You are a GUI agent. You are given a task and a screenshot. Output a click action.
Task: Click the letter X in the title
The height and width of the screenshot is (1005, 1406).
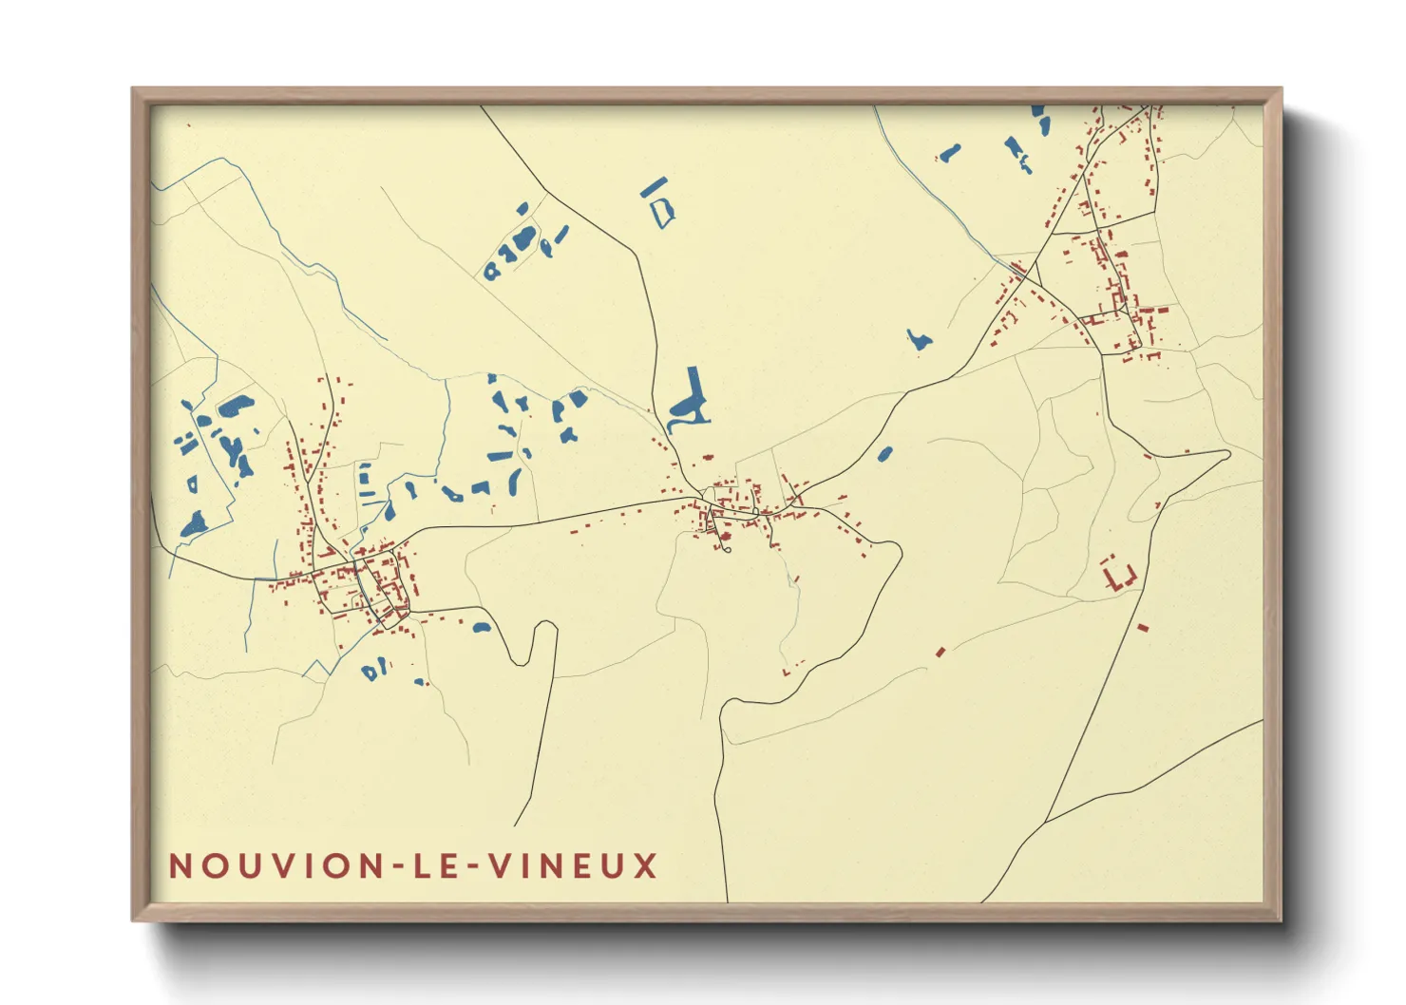646,866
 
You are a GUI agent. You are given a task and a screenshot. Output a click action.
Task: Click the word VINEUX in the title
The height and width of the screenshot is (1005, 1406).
573,866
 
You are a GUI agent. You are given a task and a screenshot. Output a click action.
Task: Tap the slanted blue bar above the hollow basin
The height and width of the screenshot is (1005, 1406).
654,186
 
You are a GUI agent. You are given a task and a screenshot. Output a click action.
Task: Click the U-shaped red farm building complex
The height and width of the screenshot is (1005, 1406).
1118,576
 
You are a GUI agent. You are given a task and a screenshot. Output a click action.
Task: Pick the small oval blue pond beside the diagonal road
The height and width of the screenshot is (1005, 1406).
884,454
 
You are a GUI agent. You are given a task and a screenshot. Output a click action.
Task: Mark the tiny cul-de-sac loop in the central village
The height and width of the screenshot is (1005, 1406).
727,547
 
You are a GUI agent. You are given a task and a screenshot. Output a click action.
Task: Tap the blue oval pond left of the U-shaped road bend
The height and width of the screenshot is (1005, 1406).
482,627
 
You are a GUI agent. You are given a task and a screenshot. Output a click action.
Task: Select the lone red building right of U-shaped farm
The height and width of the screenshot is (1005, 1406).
1143,627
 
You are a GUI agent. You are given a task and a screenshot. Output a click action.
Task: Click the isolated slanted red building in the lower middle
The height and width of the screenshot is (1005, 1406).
940,652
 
